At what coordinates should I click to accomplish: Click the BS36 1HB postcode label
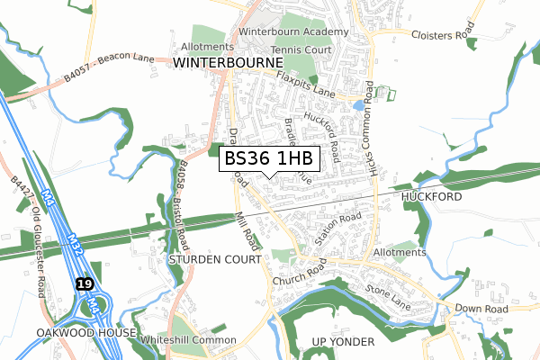coord(268,159)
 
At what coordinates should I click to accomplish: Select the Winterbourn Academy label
coord(293,31)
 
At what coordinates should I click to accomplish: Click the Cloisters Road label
coord(442,35)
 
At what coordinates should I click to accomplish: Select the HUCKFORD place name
coord(431,196)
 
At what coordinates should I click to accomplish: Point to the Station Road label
coord(339,229)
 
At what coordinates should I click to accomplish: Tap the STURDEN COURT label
coord(214,258)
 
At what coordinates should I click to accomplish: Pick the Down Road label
coord(481,309)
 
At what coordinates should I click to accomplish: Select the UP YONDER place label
coord(342,342)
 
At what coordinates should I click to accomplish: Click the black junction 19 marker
coord(85,283)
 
